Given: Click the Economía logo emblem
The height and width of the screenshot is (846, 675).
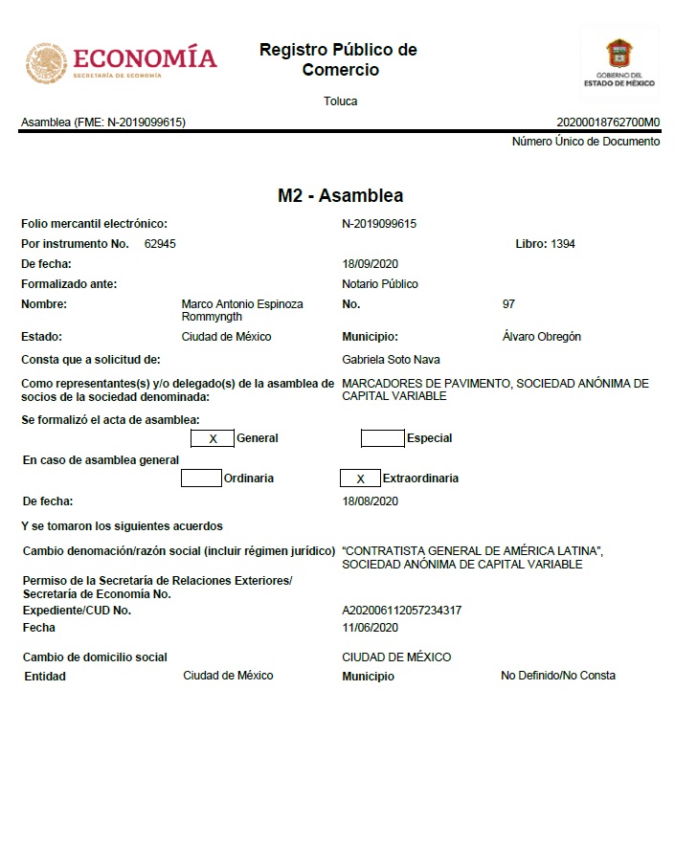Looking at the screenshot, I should pos(45,62).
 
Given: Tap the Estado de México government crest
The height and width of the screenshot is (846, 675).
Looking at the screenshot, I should pos(619,53).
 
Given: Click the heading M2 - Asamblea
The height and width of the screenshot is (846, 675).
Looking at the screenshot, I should pos(340,196).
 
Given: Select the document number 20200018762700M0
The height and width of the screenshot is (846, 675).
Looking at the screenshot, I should pos(608,122).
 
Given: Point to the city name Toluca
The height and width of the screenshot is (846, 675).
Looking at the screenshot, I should pos(340,101).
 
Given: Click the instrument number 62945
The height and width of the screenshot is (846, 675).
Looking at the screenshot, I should pos(160,244).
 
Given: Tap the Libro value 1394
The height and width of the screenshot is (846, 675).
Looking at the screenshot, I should pos(563,244).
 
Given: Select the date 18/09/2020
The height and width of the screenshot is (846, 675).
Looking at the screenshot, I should pos(370,264).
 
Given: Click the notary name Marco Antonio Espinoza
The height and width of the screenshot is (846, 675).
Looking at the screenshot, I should pos(241,304).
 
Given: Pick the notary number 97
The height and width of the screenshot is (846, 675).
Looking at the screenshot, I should pos(508,304).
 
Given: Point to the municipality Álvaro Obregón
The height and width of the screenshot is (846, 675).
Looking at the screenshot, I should pos(541,337).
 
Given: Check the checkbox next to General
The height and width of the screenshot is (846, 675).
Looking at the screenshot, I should pos(213,438).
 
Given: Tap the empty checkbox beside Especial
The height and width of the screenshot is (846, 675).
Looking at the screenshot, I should pos(382,438).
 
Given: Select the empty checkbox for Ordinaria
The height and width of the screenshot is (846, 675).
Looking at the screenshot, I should pos(201,478).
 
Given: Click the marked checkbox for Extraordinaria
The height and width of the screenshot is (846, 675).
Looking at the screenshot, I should pos(360,478).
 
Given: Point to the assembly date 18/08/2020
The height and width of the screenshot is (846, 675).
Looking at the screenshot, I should pos(370,501).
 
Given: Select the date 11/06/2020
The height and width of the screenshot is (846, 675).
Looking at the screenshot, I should pos(370,628).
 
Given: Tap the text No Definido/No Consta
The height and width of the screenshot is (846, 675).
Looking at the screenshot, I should pos(558,676).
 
